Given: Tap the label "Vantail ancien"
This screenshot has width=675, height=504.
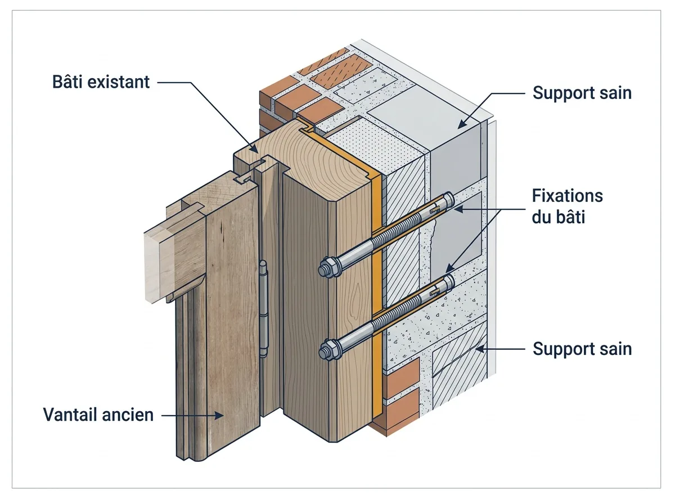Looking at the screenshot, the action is pos(98,415).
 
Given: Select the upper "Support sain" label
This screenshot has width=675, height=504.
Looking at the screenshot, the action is pos(582,93).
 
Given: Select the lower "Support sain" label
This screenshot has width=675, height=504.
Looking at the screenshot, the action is pos(582,349).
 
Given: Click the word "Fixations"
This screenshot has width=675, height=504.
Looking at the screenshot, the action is pos(568,196).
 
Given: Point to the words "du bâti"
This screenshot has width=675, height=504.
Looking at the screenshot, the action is pos(558,217).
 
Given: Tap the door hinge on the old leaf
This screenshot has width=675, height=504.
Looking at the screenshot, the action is pos(263,309).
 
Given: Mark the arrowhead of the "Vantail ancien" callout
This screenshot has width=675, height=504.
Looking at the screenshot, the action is pos(219,416).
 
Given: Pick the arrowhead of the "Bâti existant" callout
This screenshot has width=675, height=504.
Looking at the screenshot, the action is pos(254,148).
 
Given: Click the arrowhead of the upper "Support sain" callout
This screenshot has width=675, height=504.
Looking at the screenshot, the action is pos(462,124).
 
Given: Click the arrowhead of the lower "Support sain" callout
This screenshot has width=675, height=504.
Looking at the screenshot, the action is pos(480,349).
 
